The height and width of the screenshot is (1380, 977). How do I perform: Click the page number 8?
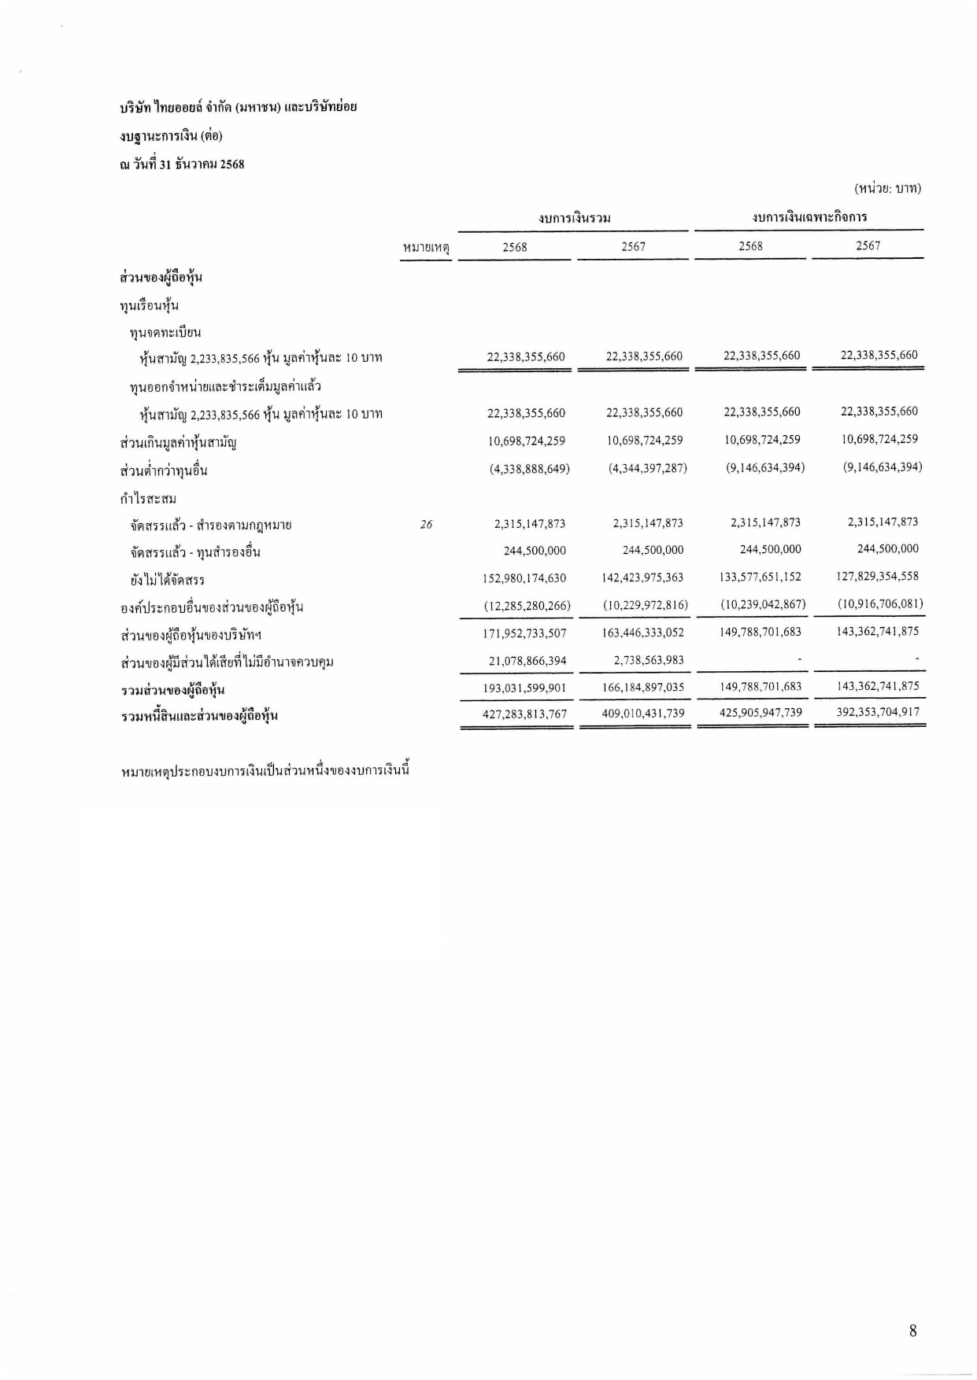point(912,1331)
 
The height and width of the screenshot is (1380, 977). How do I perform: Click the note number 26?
point(426,525)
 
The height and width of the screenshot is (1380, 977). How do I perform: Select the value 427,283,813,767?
point(524,714)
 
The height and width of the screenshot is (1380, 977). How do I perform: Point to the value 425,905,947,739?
point(761,713)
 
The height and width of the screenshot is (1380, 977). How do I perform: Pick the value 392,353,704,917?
point(878,712)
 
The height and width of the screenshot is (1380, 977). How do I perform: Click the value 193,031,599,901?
point(524,688)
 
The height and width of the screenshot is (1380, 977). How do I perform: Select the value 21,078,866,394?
point(527,661)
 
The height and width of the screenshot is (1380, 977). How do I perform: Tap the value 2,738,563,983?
point(649,661)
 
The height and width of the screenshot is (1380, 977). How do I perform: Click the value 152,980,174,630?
point(524,578)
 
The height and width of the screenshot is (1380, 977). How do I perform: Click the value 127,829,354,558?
point(878,576)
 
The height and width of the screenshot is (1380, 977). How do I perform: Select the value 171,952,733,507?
point(524,633)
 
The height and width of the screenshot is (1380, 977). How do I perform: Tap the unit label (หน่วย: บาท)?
point(887,189)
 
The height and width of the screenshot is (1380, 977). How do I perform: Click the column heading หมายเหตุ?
point(425,248)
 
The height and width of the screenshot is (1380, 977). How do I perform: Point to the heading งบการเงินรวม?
point(575,218)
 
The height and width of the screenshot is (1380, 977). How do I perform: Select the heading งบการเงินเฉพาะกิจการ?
point(809,217)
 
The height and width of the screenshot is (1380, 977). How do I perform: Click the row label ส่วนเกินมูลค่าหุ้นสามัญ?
point(179,442)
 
